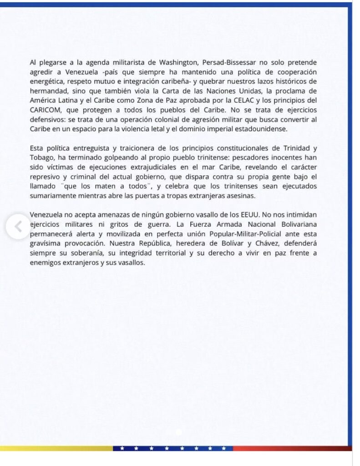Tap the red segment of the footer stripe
click(x=291, y=448)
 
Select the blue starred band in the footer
click(x=172, y=448)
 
